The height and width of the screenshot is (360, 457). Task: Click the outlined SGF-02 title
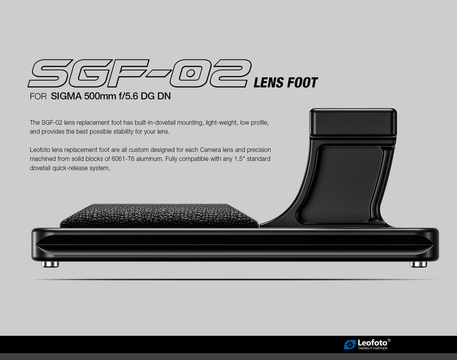tap(140, 73)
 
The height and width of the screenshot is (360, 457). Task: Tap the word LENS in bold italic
tap(268, 83)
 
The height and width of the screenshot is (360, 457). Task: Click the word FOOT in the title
tap(302, 83)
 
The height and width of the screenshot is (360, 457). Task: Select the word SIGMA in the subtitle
tap(66, 96)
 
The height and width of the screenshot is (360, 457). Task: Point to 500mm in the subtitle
tap(100, 96)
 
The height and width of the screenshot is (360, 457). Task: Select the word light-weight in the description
tap(221, 123)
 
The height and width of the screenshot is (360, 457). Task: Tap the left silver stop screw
tap(50, 264)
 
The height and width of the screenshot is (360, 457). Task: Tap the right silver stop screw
tap(419, 264)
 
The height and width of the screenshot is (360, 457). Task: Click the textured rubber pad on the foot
tap(159, 216)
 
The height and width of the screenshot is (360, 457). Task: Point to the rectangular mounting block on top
tap(353, 122)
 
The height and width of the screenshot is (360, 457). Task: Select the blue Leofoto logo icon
tap(350, 344)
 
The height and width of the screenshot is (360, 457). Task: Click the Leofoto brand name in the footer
tap(373, 343)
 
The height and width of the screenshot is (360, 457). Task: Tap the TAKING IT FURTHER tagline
tap(373, 348)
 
